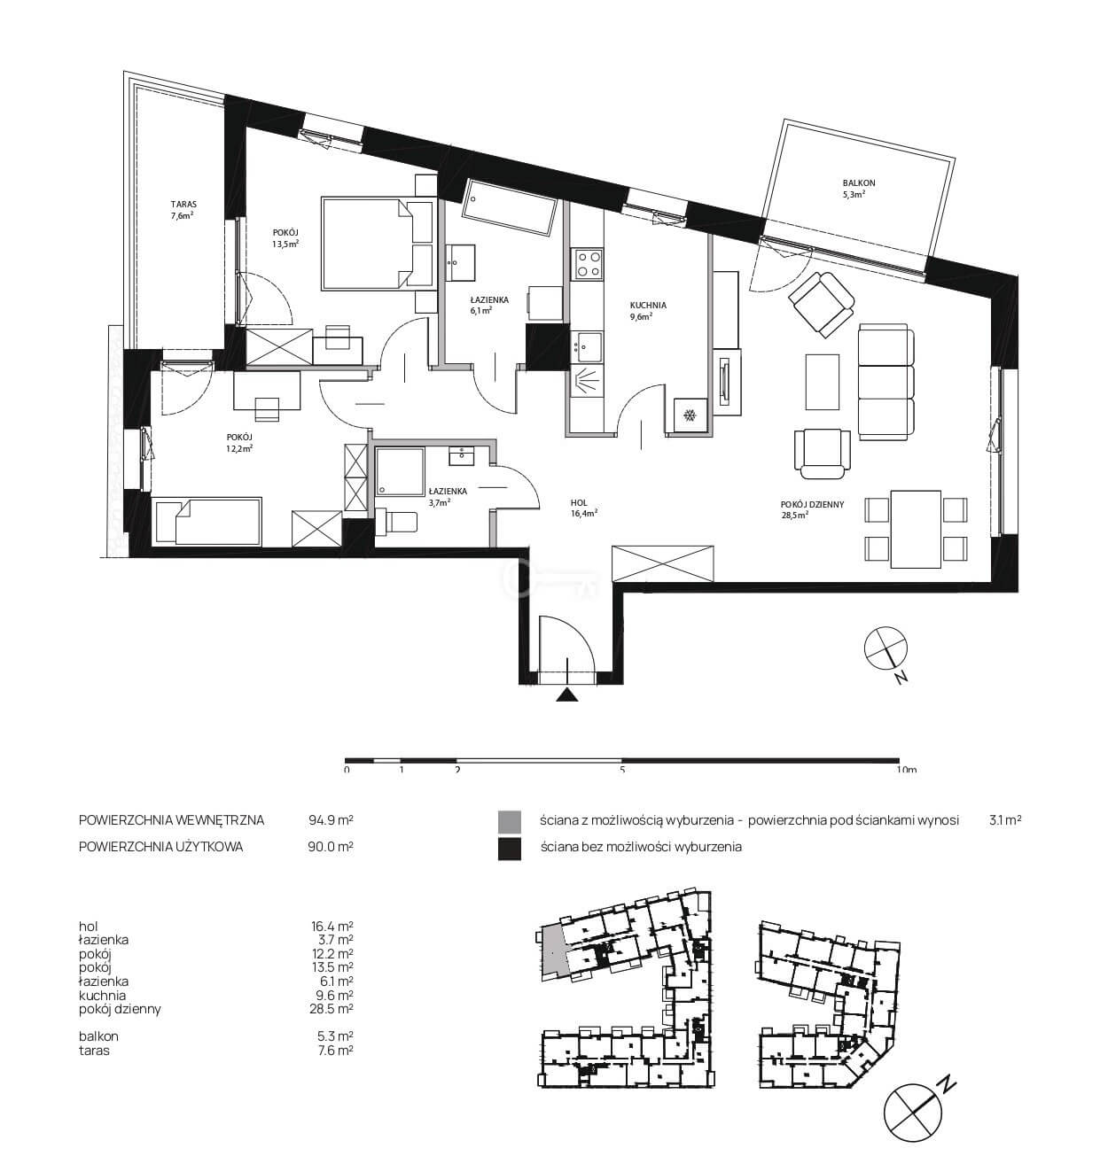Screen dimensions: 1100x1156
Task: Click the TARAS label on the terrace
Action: [x=183, y=204]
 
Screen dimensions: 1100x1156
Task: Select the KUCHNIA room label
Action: [x=648, y=306]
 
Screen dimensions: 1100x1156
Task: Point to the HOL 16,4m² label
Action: [x=584, y=508]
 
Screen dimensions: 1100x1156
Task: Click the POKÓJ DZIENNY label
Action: [x=812, y=505]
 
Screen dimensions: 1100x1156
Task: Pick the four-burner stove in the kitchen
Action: [x=589, y=263]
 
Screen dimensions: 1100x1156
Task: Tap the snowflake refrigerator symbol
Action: [x=690, y=416]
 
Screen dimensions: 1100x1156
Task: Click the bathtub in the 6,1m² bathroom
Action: [x=510, y=207]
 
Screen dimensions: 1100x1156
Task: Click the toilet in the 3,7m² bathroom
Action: [x=396, y=521]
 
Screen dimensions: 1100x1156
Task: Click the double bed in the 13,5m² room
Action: [x=378, y=244]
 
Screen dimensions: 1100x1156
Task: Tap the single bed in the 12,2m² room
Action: [x=207, y=521]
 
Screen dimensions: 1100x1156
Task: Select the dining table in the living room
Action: [x=916, y=529]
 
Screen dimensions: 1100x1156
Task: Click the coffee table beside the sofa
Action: [x=823, y=382]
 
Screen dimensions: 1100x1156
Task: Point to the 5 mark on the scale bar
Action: [x=622, y=769]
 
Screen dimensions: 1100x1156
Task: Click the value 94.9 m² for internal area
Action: [x=331, y=819]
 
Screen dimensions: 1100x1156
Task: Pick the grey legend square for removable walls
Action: [x=509, y=822]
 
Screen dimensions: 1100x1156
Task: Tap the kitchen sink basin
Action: [x=589, y=345]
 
